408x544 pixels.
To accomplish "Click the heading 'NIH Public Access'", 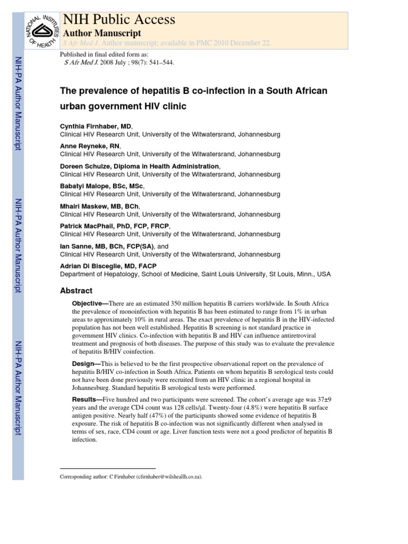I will pos(118,20).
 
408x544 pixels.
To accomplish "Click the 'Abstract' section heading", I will pos(76,291).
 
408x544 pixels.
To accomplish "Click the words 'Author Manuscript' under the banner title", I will pos(102,33).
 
